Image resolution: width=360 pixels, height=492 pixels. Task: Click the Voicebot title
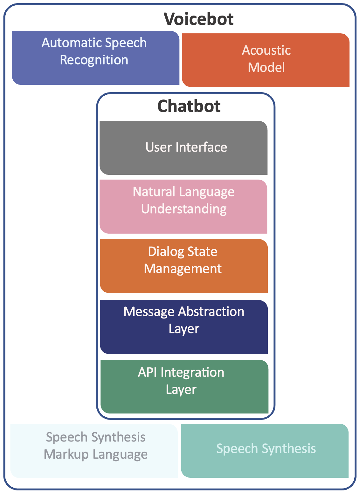click(x=199, y=19)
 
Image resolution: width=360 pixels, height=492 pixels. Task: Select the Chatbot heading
click(x=189, y=106)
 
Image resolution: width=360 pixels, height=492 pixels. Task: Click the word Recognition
click(x=94, y=60)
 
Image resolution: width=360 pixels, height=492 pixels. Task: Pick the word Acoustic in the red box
click(x=266, y=50)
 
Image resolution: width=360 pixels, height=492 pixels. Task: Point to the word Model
click(x=266, y=67)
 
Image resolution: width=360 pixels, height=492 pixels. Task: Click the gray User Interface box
click(x=183, y=147)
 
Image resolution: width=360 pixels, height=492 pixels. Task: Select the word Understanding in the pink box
click(x=184, y=209)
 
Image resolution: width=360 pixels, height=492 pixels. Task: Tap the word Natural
click(x=154, y=192)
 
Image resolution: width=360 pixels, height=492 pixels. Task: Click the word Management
click(x=183, y=269)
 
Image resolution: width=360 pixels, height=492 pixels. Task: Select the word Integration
click(x=192, y=372)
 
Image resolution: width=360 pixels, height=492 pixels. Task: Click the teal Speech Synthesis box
click(x=266, y=449)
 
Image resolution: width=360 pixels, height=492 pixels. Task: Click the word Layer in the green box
click(x=181, y=390)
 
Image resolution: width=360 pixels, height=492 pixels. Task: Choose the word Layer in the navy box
click(x=184, y=329)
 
